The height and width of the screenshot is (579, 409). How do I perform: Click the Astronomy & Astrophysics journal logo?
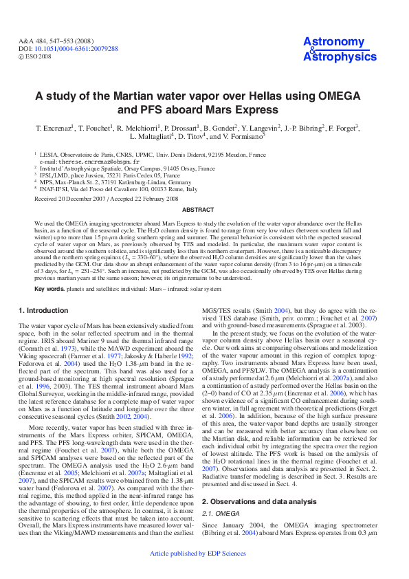pos(334,50)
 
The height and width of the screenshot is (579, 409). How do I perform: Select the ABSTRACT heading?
pos(204,209)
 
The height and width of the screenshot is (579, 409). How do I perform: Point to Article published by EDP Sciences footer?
pos(207,572)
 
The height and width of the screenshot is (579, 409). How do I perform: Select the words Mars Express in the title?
pos(246,109)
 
